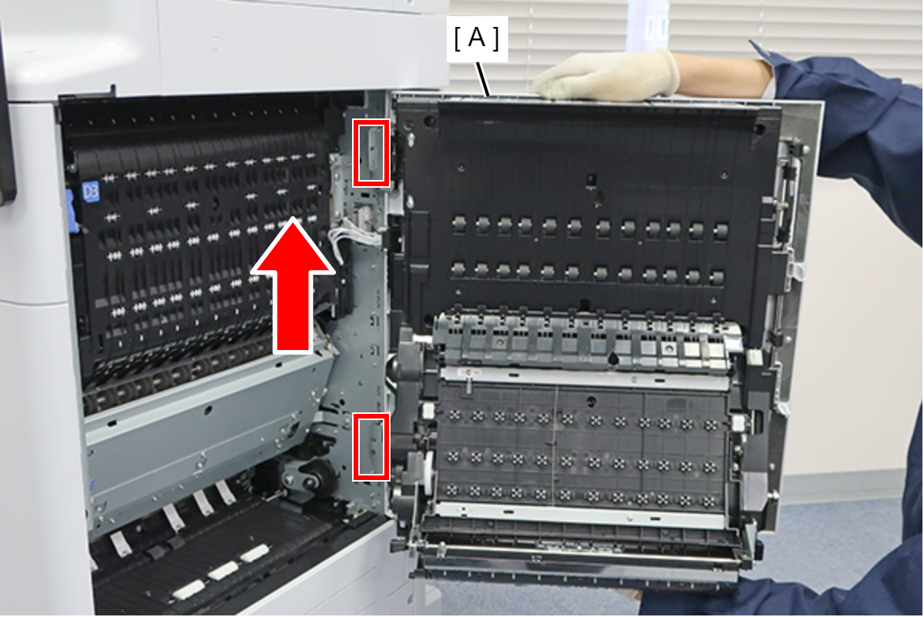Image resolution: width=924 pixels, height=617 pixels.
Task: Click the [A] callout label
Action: [x=477, y=39]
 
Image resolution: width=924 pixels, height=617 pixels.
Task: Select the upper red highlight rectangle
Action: [x=371, y=153]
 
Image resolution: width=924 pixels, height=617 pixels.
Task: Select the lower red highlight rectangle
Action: [x=371, y=447]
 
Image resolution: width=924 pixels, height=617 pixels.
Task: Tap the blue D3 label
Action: [x=91, y=192]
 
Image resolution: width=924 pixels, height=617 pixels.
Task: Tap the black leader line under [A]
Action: [x=483, y=79]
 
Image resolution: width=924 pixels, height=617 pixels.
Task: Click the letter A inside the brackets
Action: [x=477, y=38]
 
